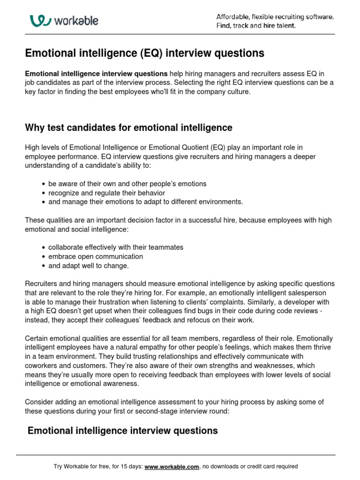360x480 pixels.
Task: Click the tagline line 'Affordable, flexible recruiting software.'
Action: [275, 17]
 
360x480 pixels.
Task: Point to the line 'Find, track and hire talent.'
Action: [256, 26]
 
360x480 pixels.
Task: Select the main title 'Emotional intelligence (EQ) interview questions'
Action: [144, 53]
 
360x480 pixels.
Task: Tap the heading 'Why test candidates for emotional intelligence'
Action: [128, 127]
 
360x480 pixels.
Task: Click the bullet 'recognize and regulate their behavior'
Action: [106, 193]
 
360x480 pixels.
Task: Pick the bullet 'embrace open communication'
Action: [96, 256]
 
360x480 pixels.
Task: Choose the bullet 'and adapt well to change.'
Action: [88, 266]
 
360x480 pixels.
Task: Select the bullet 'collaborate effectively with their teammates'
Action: [116, 247]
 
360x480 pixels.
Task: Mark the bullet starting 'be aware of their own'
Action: [127, 183]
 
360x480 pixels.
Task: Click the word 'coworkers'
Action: [41, 365]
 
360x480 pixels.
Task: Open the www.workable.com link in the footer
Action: [172, 466]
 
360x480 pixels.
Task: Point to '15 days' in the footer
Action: [127, 466]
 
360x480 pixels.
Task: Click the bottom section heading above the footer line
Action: [123, 430]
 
